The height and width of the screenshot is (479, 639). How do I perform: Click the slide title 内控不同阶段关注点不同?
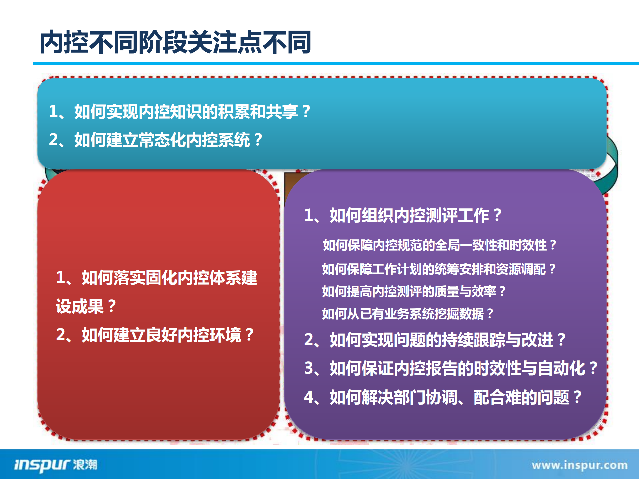click(x=175, y=42)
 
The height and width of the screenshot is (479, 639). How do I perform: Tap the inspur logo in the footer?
click(x=55, y=464)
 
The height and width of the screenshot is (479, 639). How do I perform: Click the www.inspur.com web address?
click(x=579, y=465)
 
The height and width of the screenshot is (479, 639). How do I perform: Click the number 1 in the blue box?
click(x=53, y=111)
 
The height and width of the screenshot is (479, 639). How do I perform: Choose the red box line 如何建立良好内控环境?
click(x=155, y=335)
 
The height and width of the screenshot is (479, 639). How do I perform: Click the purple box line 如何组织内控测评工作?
click(x=403, y=215)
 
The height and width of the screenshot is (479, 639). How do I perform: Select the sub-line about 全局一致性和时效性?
click(x=440, y=245)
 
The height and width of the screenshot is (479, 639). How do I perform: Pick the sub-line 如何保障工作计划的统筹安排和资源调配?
click(x=439, y=269)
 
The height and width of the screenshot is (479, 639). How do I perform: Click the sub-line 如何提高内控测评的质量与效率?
click(x=414, y=291)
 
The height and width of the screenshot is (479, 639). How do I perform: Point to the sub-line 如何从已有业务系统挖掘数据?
click(x=408, y=314)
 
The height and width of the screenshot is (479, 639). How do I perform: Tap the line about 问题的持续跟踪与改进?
click(x=435, y=340)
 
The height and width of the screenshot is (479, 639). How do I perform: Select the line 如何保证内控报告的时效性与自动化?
click(x=451, y=368)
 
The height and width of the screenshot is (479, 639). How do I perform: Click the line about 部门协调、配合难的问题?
click(x=443, y=397)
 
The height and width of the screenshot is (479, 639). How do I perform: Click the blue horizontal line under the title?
click(x=333, y=63)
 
